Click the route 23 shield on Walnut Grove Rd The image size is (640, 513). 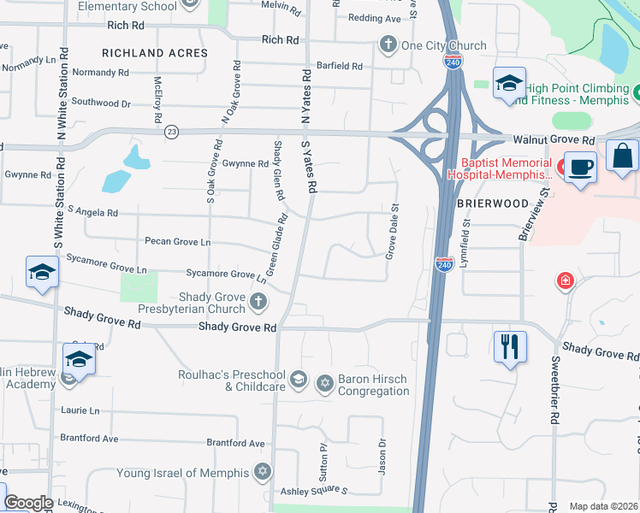pos(172,132)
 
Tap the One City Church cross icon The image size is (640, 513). pos(388,45)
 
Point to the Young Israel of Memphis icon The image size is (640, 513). pos(264,471)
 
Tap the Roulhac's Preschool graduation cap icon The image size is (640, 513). pos(297,379)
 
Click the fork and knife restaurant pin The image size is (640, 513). pos(510,346)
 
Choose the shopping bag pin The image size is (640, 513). pos(622,156)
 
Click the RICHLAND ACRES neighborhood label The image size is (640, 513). pos(155,53)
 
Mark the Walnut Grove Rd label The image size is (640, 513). pos(554,139)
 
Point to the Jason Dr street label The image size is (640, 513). pos(382,457)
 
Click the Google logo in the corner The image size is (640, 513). pos(29,503)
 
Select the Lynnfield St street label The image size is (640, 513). pos(465,245)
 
